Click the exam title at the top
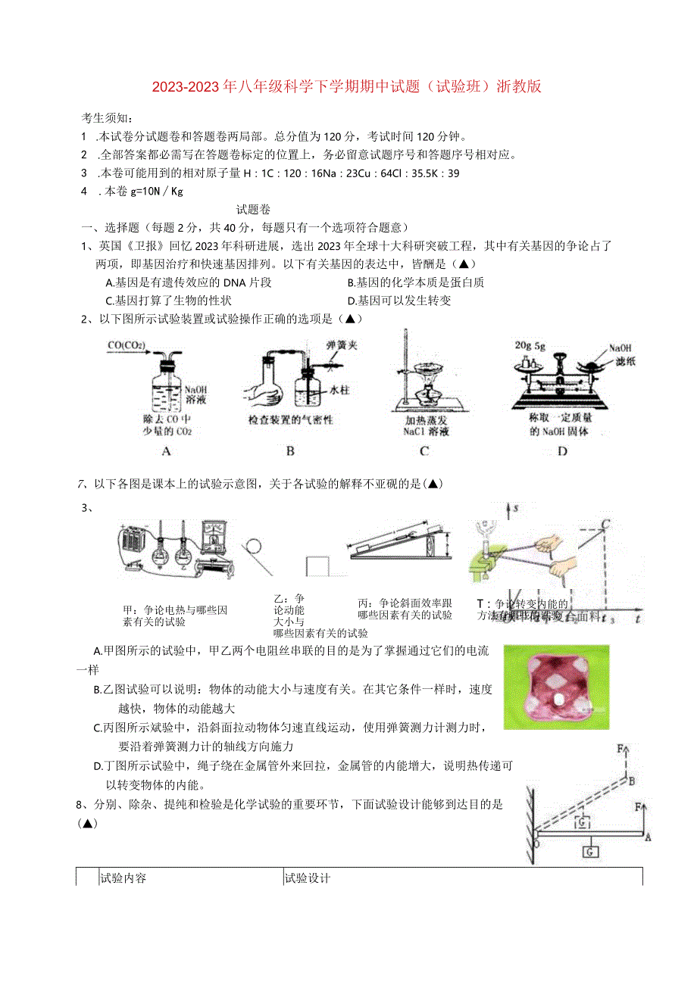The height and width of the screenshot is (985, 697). pos(348,86)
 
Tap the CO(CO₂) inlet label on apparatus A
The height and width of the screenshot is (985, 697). pos(127,346)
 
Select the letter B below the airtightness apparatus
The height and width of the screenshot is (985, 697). pos(290,451)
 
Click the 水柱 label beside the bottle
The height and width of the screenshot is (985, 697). pos(338,390)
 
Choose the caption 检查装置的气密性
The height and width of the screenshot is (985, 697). pos(291,419)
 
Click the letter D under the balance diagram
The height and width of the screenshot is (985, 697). pos(561,451)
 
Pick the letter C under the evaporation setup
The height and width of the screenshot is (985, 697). pos(424,451)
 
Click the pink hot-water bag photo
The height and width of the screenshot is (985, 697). pos(556,687)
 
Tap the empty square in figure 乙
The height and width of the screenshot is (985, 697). pos(320,566)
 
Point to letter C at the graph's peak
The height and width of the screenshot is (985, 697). pos(606,524)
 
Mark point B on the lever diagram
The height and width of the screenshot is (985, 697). pos(630,781)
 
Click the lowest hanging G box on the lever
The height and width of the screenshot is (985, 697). pos(590,852)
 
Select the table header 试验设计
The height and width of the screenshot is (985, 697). pos(307,878)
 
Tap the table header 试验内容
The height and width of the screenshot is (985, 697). pos(123,878)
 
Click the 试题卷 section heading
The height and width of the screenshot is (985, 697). pos(253,210)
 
